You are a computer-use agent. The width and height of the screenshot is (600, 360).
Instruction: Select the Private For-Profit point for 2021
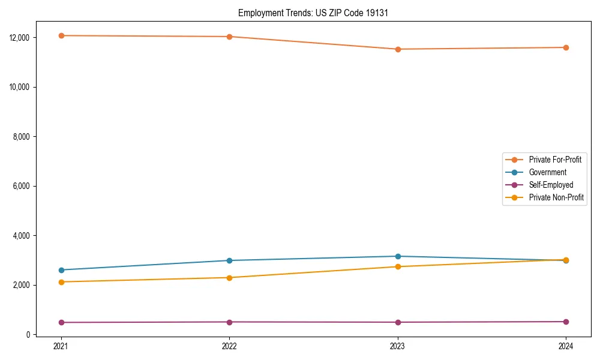[x=61, y=36]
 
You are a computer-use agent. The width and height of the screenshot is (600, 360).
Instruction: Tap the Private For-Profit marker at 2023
[x=397, y=49]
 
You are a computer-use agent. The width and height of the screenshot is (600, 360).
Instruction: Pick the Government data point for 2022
[x=229, y=260]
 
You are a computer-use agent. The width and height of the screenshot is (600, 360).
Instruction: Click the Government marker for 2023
[x=397, y=256]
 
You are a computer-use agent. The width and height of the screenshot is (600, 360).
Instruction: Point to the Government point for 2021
[x=61, y=270]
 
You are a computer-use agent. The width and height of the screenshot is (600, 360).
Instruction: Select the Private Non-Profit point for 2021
[x=61, y=282]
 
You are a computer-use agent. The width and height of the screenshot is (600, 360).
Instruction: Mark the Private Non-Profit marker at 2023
[x=397, y=266]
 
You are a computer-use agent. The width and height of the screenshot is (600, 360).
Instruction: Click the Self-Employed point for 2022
[x=229, y=322]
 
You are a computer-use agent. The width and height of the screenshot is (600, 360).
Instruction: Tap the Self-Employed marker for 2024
[x=566, y=322]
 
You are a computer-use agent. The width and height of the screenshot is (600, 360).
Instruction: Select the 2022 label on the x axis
[x=229, y=346]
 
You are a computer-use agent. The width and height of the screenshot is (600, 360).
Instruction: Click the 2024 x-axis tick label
[x=566, y=346]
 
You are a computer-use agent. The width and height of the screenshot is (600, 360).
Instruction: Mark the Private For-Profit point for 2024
[x=566, y=47]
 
